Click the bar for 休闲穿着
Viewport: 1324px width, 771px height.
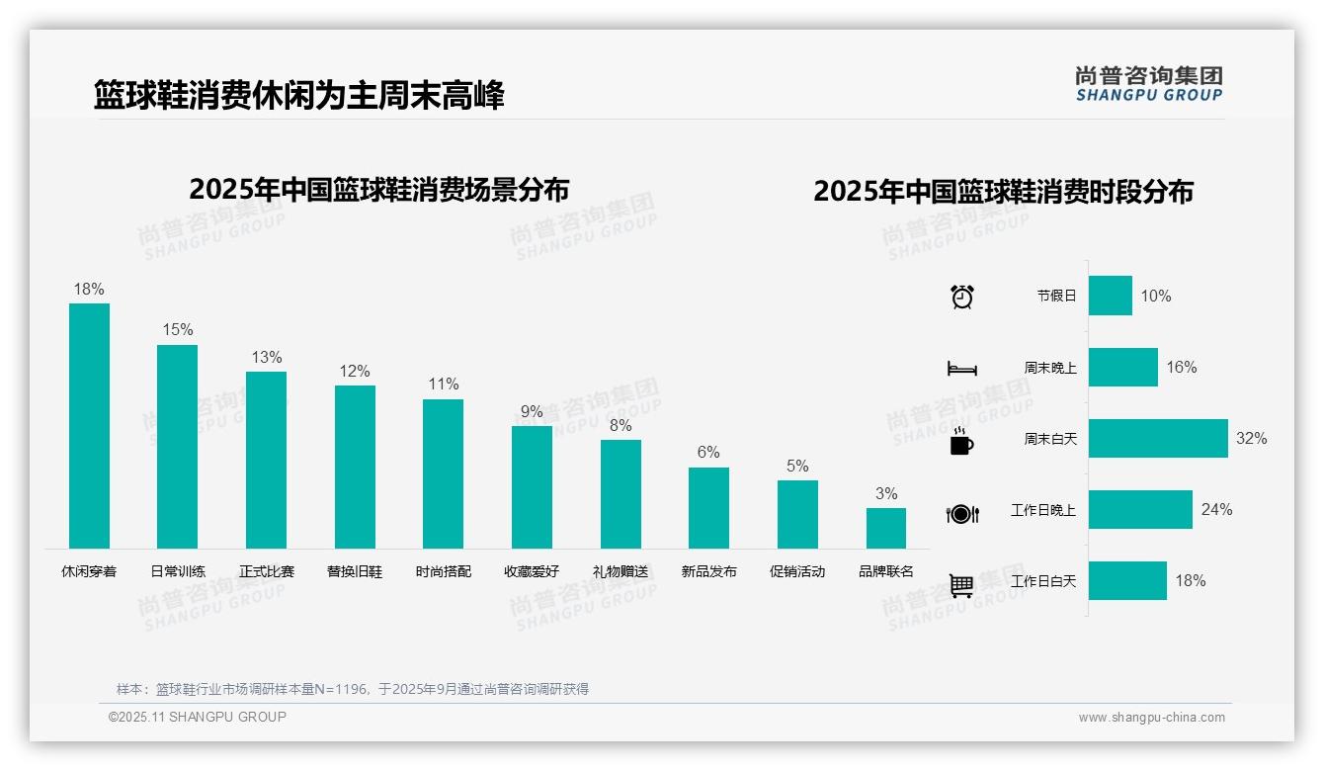point(89,426)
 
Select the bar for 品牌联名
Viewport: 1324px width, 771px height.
point(886,529)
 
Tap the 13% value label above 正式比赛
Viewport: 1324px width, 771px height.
point(267,358)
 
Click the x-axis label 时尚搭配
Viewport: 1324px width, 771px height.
point(444,571)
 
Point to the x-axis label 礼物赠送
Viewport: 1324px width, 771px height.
point(621,571)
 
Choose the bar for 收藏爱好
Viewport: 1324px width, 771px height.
point(532,487)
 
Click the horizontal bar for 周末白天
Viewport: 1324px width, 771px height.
point(1158,438)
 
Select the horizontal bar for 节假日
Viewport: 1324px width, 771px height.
point(1111,296)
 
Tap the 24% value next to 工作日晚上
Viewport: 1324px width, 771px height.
point(1216,510)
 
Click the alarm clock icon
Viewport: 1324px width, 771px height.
point(962,297)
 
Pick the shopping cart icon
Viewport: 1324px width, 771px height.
point(961,585)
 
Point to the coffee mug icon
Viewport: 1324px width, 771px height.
point(961,442)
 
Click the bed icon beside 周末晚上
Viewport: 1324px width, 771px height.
point(961,369)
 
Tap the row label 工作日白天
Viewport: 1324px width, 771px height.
point(1043,581)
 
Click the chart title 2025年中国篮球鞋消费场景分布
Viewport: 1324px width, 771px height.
point(379,190)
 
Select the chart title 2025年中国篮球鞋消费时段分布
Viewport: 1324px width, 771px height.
point(1003,192)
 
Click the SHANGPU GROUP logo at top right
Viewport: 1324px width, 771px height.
point(1149,84)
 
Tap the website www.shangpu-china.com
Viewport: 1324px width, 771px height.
point(1151,718)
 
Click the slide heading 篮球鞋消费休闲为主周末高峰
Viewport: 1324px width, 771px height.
point(299,96)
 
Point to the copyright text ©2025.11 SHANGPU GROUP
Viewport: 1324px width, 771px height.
point(198,717)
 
